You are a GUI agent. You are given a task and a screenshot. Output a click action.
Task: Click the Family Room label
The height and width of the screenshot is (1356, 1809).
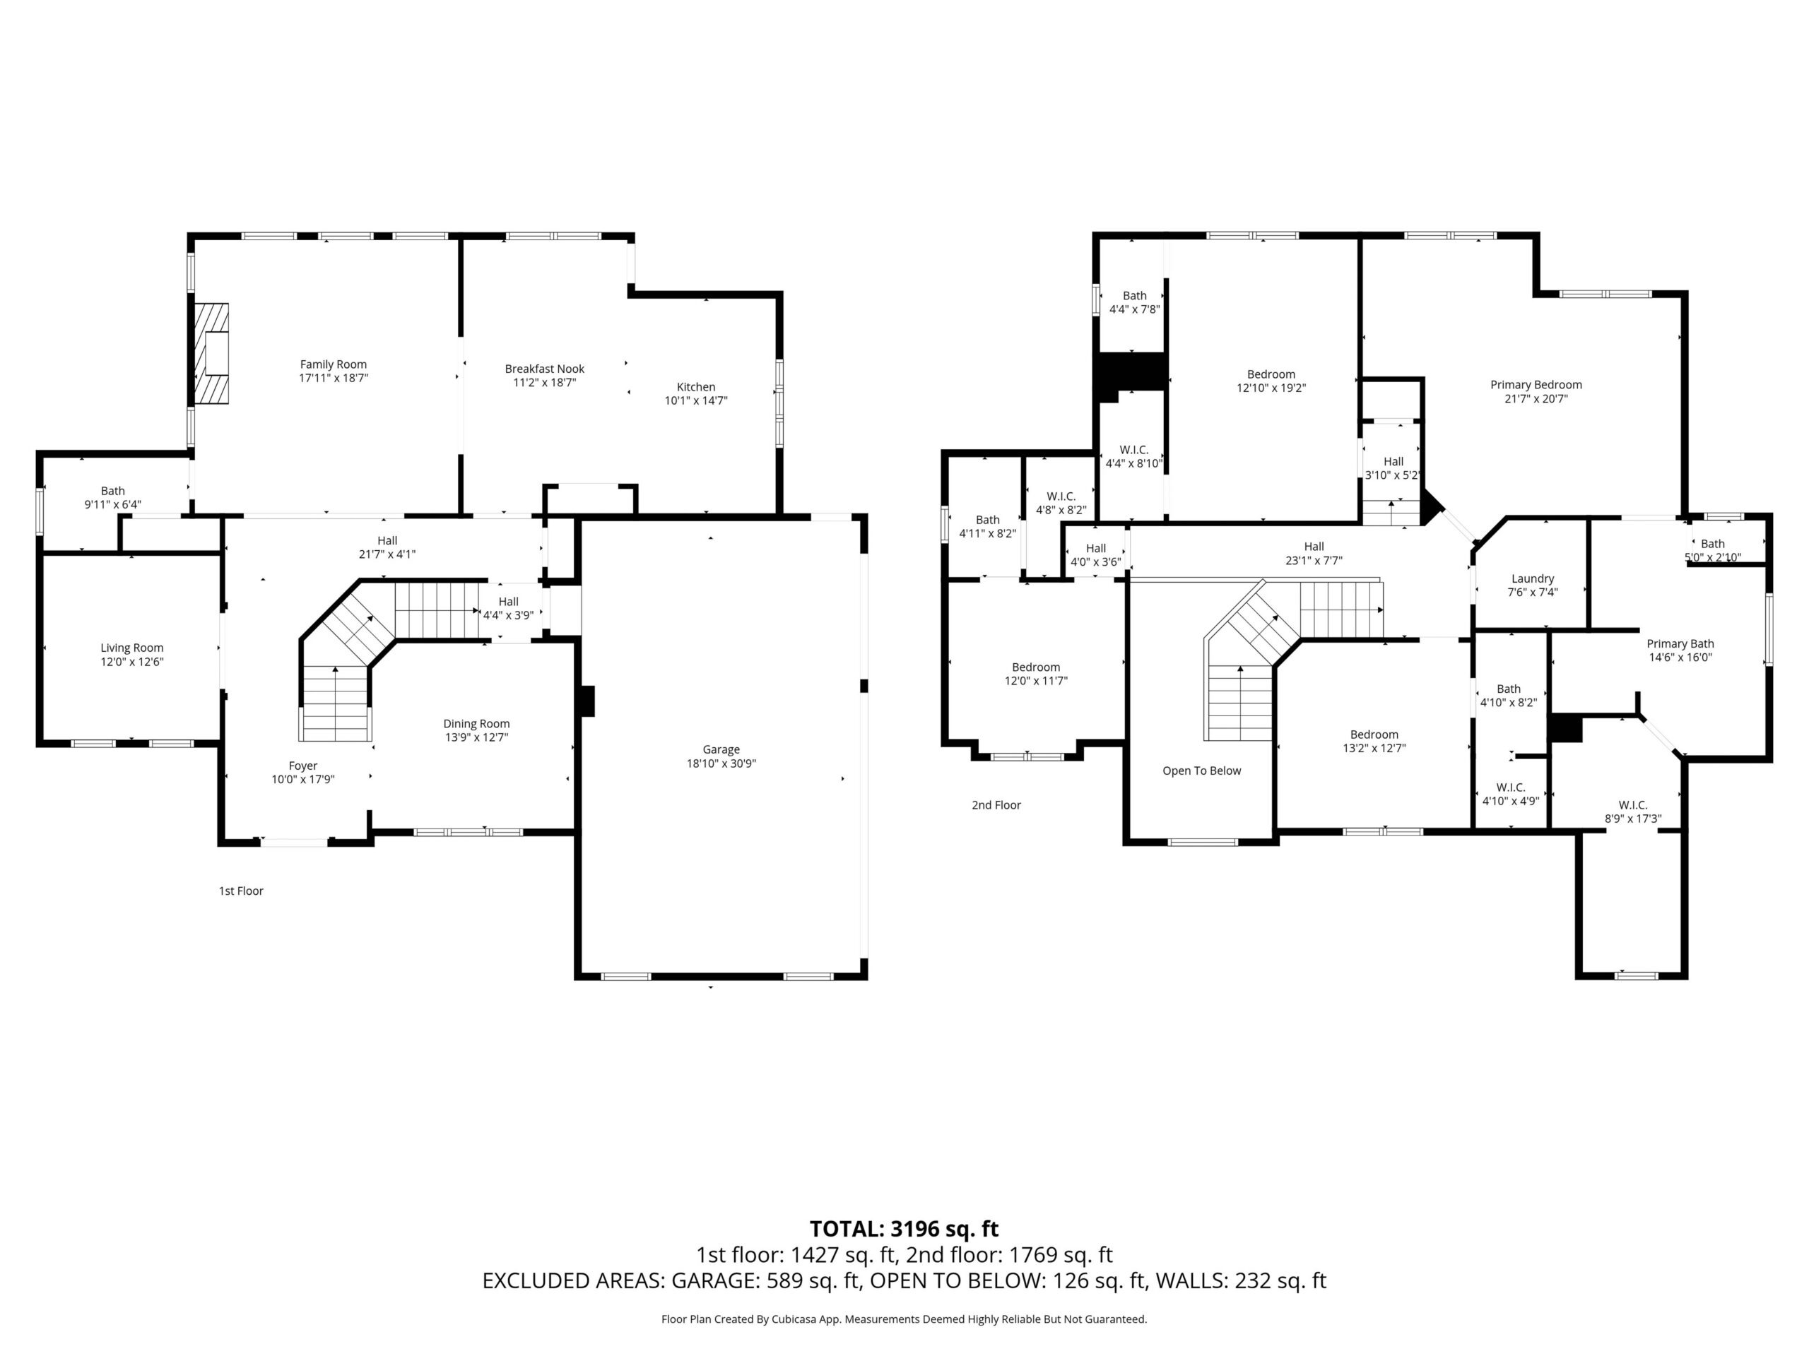click(x=333, y=364)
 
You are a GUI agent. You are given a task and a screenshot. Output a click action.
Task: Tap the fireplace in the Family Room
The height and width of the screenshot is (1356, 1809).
click(x=211, y=353)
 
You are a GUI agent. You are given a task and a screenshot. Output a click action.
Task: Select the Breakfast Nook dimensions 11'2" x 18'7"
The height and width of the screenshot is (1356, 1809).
click(x=545, y=383)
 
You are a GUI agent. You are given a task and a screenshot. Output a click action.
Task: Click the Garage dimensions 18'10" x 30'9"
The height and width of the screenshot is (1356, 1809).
click(x=721, y=763)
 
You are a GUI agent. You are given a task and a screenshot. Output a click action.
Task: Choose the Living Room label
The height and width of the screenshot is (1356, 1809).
click(x=131, y=648)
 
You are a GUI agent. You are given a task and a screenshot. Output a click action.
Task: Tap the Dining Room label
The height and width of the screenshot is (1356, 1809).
click(x=477, y=723)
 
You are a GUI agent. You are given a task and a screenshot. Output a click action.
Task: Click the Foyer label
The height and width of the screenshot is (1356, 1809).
click(x=302, y=766)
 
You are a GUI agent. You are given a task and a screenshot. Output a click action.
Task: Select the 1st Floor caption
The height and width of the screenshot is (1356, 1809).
click(x=241, y=891)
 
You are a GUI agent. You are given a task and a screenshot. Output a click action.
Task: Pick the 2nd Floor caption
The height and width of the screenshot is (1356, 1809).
click(x=996, y=805)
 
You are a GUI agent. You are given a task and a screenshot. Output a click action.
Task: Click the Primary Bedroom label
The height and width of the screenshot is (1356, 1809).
click(x=1536, y=385)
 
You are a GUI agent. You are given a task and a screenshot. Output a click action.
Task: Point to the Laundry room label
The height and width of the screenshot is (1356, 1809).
click(x=1533, y=578)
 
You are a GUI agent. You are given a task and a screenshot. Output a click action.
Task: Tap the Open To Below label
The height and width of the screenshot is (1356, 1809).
click(x=1201, y=771)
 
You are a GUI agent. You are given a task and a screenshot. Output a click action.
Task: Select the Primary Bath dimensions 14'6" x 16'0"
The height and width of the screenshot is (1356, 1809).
click(x=1680, y=657)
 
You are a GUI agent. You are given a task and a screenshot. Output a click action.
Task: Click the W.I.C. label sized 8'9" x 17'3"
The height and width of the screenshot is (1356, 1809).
click(x=1632, y=805)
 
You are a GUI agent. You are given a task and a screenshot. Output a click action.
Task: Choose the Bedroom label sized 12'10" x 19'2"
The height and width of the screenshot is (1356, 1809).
click(x=1271, y=374)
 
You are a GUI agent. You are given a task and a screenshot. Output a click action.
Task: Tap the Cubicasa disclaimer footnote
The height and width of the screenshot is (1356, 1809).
click(x=904, y=1319)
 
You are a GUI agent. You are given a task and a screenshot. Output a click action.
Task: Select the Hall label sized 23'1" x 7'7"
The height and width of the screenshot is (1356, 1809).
click(x=1314, y=547)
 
